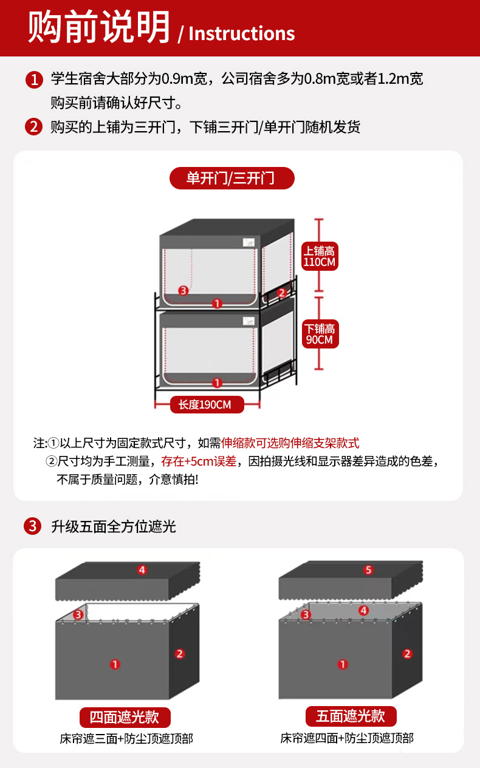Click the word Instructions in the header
[x=242, y=33]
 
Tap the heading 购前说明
[x=99, y=27]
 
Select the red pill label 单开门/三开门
[x=232, y=178]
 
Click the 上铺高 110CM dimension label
[x=320, y=256]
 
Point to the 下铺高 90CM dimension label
[x=320, y=335]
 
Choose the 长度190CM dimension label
[x=207, y=404]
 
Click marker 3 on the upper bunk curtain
[x=183, y=291]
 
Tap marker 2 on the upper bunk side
[x=282, y=293]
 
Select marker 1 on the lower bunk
[x=217, y=382]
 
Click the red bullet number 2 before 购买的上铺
[x=33, y=127]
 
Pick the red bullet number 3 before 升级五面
[x=33, y=526]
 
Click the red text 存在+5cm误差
[x=199, y=461]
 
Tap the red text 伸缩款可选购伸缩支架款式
[x=290, y=443]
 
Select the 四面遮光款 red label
[x=125, y=717]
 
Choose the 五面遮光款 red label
[x=351, y=716]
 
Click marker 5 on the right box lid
[x=368, y=570]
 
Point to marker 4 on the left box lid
[x=142, y=570]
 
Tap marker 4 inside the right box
[x=363, y=611]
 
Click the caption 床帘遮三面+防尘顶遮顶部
[x=126, y=739]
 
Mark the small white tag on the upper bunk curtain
[x=249, y=242]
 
